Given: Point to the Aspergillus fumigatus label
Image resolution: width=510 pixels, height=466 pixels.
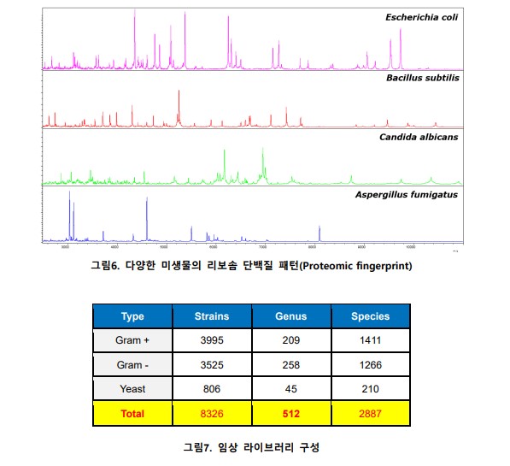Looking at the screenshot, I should coord(406,194).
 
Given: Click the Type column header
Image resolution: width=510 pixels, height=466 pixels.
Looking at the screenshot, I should coord(132,316).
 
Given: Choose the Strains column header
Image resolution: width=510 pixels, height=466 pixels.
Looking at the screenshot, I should coord(212,316).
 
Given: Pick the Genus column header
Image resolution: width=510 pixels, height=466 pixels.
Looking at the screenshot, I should coord(290,316).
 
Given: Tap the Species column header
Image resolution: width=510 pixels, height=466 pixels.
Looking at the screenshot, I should coord(370,316).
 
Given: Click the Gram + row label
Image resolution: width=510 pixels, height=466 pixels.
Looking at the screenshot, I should coord(132,340).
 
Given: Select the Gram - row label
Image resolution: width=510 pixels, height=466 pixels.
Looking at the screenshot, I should coord(132,365).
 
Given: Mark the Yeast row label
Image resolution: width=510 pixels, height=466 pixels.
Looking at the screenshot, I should coord(132,389).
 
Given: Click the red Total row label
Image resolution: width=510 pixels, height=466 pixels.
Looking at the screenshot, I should coord(132,414).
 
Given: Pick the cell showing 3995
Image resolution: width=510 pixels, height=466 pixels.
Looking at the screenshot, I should coord(212,340).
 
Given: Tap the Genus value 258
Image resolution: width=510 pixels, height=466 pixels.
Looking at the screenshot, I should coord(290,365).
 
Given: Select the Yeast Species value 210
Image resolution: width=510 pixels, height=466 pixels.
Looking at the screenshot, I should coord(370,389).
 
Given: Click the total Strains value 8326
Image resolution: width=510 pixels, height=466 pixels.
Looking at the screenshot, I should coord(212,414).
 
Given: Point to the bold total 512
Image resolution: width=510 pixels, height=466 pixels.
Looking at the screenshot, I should coord(290,414).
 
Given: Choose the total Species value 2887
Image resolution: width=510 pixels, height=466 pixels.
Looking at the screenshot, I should coord(370,414).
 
